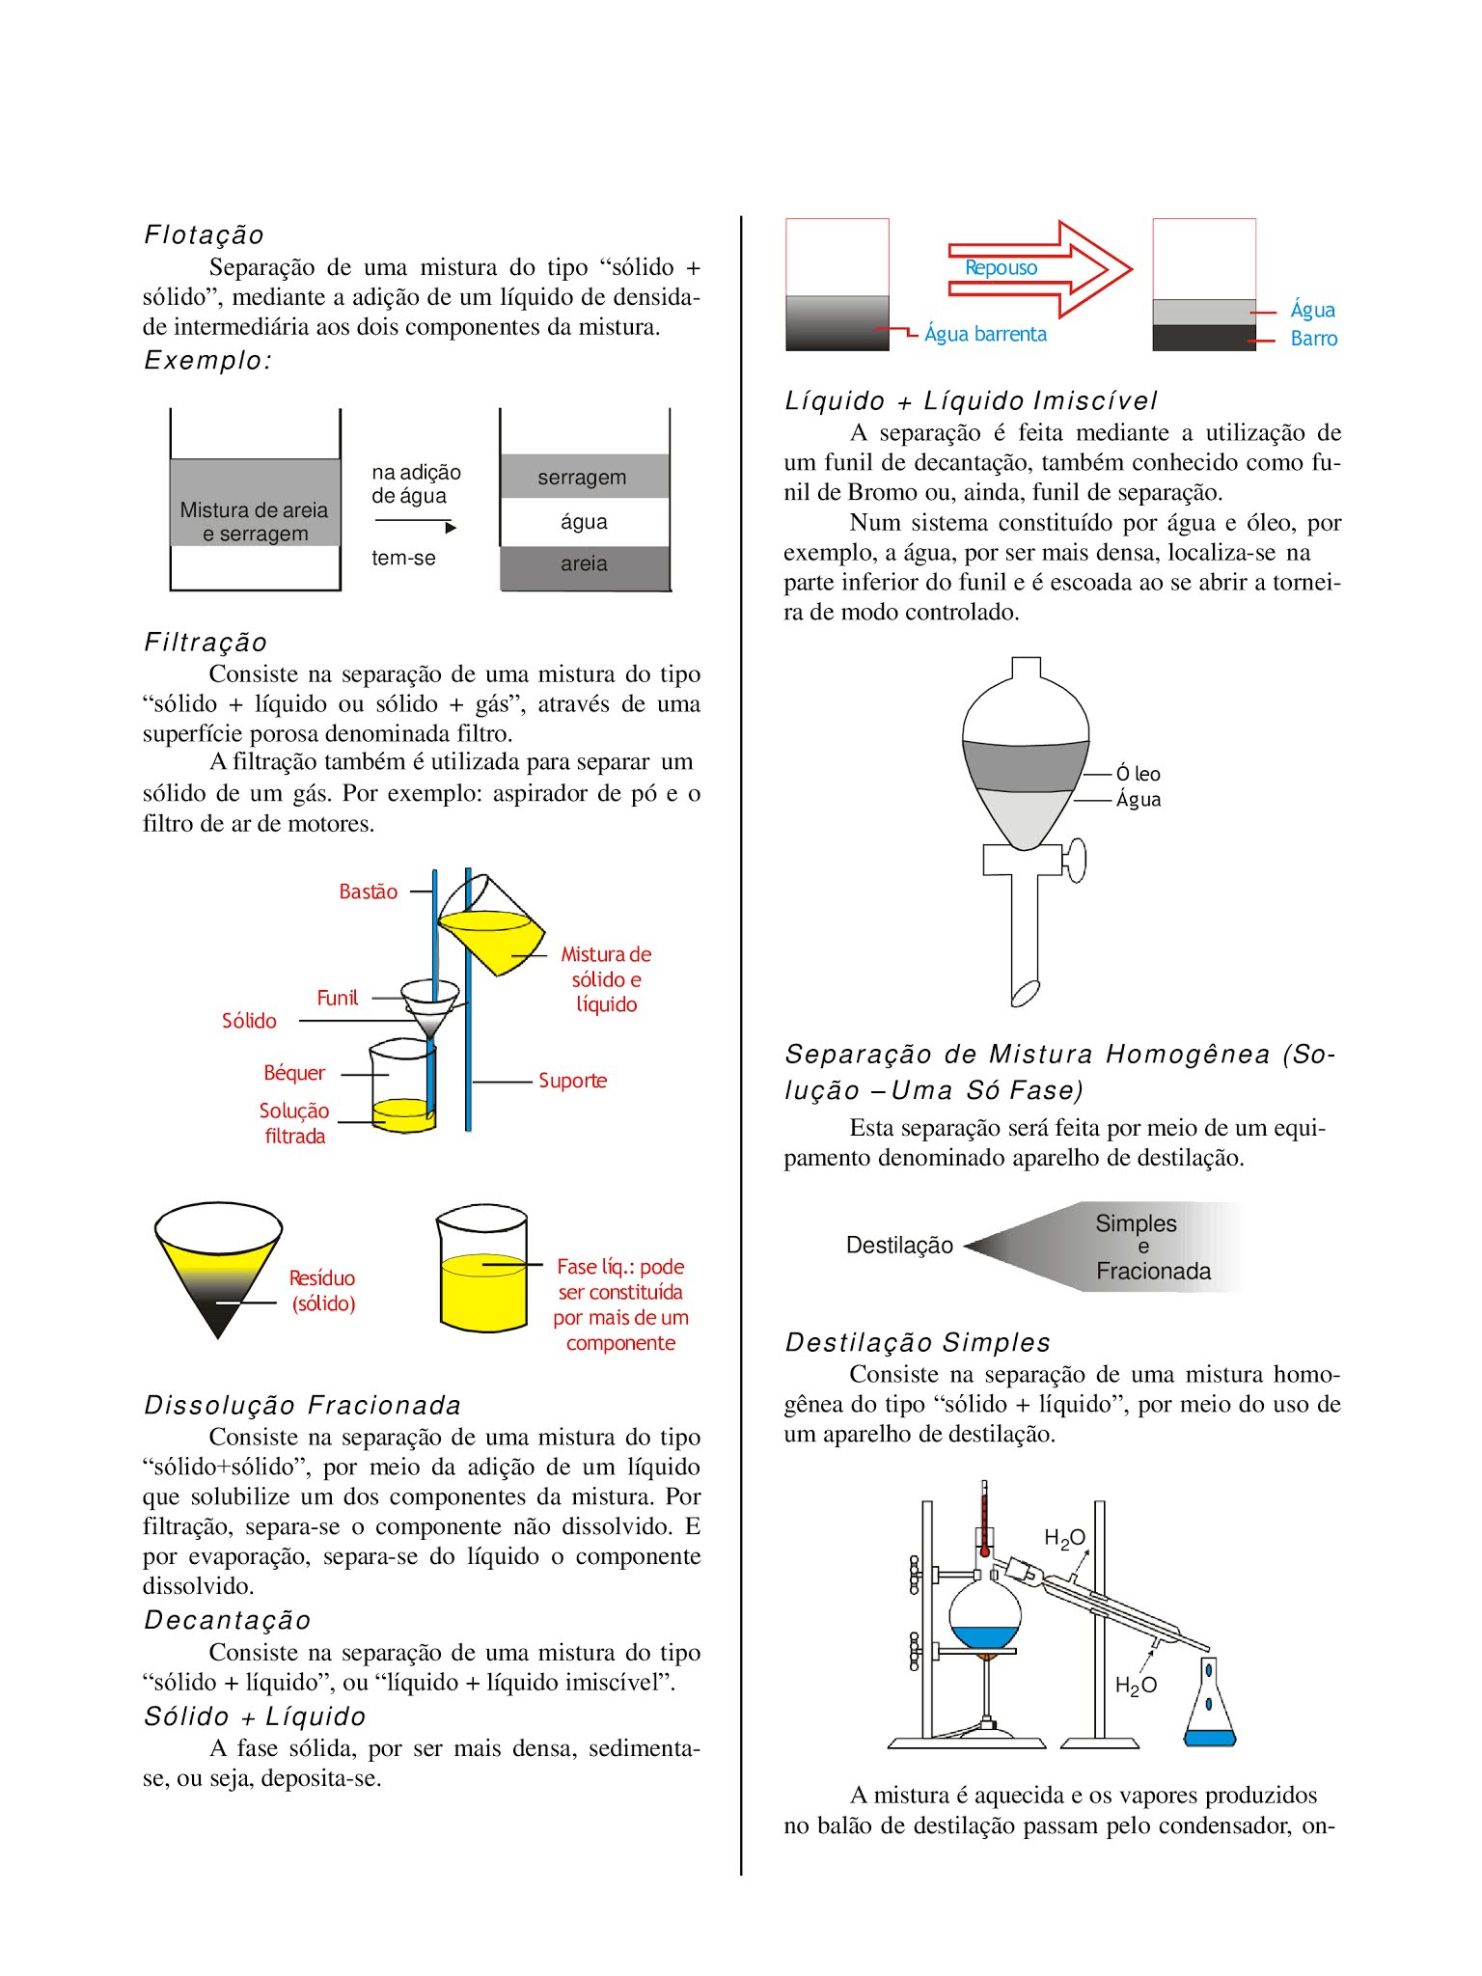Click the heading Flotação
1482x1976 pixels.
click(x=204, y=234)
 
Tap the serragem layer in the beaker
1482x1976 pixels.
click(x=583, y=477)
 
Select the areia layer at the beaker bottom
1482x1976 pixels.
click(x=584, y=565)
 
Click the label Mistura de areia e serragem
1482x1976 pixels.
click(x=255, y=521)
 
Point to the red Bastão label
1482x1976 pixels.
click(x=368, y=892)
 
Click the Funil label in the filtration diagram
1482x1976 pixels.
click(x=337, y=998)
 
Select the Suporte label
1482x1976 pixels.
click(x=572, y=1081)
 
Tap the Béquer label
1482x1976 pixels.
click(x=294, y=1073)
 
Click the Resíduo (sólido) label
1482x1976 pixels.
click(x=323, y=1291)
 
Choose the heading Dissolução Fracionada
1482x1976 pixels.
click(x=302, y=1405)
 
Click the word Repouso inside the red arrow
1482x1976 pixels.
click(x=1001, y=268)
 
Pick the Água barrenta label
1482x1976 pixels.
click(x=985, y=334)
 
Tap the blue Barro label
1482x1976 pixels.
click(x=1313, y=339)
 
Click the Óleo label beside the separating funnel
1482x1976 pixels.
click(x=1139, y=774)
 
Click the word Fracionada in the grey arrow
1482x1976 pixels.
click(x=1153, y=1272)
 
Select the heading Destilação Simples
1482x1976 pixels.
click(x=918, y=1342)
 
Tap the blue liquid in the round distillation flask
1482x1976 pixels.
click(x=984, y=1636)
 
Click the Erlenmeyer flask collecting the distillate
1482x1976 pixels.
click(x=1209, y=1708)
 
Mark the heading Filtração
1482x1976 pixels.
click(x=206, y=642)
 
